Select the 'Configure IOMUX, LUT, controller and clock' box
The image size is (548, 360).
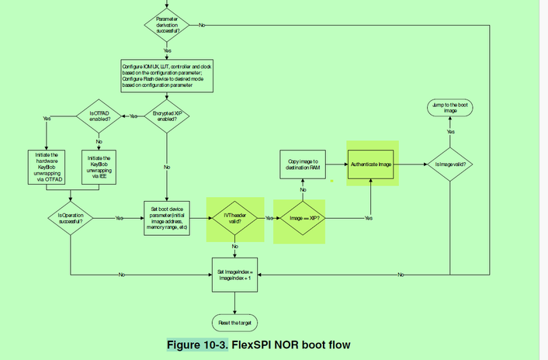pos(167,76)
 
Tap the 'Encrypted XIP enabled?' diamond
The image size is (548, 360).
pos(167,116)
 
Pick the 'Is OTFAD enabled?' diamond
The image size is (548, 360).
pos(99,116)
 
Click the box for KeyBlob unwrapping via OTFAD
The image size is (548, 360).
pos(47,165)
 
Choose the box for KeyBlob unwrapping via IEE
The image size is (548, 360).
pos(99,165)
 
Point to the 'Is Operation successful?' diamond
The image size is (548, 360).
pos(71,218)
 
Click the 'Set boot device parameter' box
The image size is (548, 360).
pos(167,218)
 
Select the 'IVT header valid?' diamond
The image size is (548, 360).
pos(235,218)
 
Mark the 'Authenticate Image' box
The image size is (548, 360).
pos(373,164)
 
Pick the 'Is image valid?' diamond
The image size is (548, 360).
pos(451,164)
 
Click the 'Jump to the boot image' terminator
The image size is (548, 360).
pos(451,108)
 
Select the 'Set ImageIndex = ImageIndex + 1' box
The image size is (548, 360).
pos(235,275)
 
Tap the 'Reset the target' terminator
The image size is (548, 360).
pos(235,321)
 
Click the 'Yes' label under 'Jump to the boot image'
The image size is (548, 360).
pos(451,132)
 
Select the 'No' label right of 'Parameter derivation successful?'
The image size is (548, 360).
pos(203,25)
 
